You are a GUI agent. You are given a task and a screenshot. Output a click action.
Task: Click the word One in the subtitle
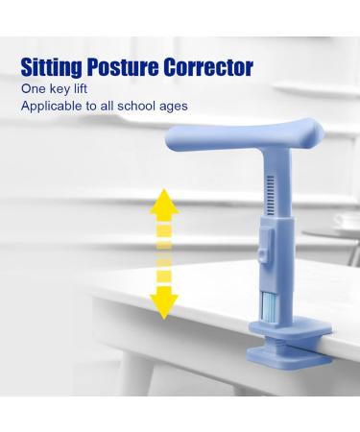click(35, 88)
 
